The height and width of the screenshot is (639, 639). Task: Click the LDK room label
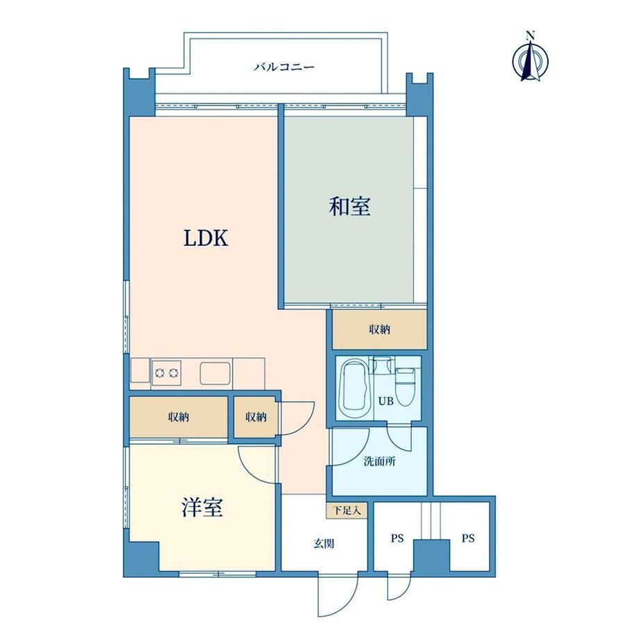tap(206, 238)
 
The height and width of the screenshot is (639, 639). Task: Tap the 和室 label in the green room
tap(349, 206)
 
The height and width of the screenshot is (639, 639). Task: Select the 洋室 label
tap(202, 508)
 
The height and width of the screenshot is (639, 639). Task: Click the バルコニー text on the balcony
tap(284, 67)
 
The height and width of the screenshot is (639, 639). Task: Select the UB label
tap(385, 401)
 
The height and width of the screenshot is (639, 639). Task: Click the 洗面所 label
tap(379, 461)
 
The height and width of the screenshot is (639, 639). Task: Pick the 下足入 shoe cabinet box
tap(347, 511)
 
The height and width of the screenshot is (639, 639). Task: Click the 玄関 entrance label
tap(324, 543)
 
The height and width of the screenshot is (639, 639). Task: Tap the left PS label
tap(397, 538)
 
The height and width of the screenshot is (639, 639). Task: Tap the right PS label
tap(468, 538)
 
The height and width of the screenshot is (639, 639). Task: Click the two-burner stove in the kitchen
tap(166, 372)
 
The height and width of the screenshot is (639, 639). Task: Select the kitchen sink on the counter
tap(215, 373)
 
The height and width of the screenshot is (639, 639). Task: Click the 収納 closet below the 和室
tap(379, 329)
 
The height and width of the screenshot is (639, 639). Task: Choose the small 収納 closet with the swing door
tap(256, 417)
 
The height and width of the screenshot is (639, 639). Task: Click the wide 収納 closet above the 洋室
tap(179, 417)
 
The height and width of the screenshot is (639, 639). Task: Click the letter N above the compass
tap(530, 35)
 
